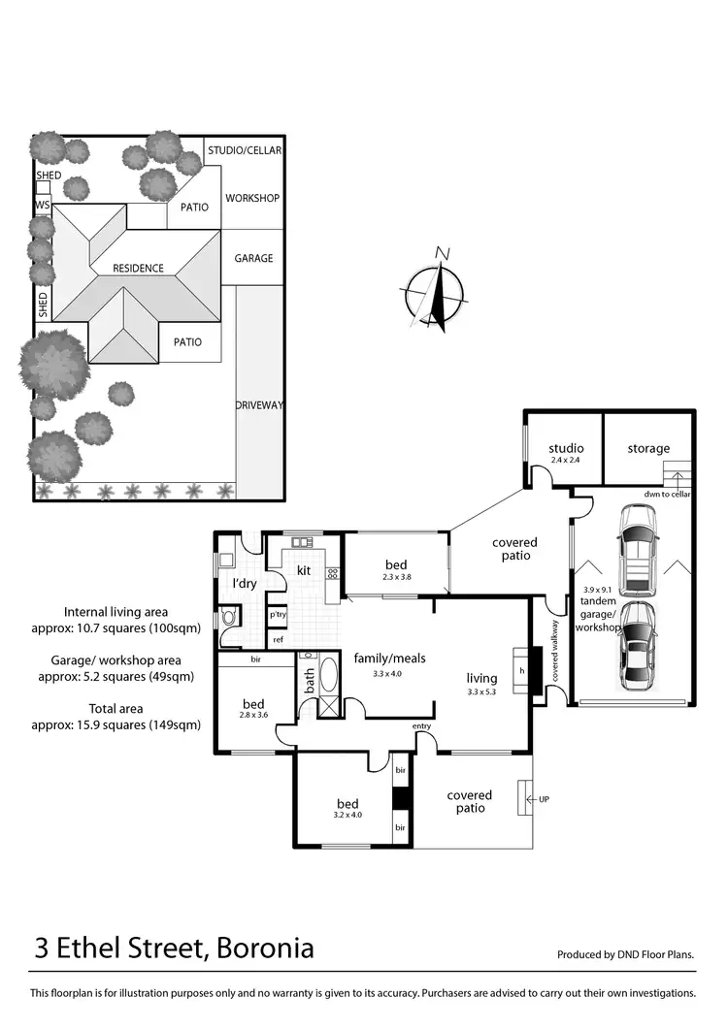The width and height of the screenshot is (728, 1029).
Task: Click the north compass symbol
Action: (x=436, y=291)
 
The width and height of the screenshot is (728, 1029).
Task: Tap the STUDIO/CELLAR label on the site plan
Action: (x=245, y=150)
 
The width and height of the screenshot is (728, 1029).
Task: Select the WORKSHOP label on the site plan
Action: (x=252, y=198)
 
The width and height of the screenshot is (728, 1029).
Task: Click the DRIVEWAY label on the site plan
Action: (x=259, y=404)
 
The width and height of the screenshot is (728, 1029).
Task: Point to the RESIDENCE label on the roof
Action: (x=138, y=268)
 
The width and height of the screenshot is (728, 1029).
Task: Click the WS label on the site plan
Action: (x=42, y=206)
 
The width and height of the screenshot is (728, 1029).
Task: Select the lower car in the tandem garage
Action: (x=638, y=645)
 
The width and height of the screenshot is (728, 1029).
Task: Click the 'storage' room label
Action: (x=647, y=448)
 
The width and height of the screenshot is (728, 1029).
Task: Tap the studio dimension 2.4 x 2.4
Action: (x=566, y=460)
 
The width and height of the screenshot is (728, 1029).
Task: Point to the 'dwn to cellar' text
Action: (x=667, y=495)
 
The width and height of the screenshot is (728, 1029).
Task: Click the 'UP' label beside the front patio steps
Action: (x=544, y=799)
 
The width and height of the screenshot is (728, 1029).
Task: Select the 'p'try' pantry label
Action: (x=278, y=615)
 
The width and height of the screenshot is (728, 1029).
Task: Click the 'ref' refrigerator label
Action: (x=278, y=639)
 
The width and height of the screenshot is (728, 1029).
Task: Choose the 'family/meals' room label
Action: (x=389, y=658)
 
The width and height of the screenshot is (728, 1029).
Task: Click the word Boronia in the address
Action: (x=261, y=947)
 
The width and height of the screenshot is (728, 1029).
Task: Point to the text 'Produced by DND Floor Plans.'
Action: (x=626, y=955)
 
